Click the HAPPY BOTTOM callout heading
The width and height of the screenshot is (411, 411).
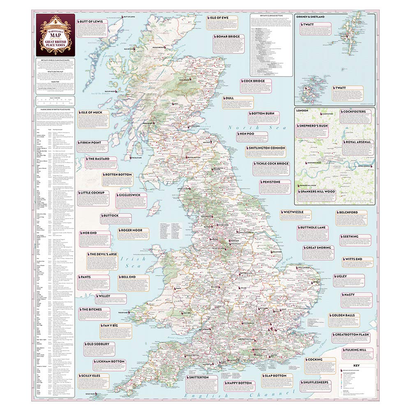point(238,383)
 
